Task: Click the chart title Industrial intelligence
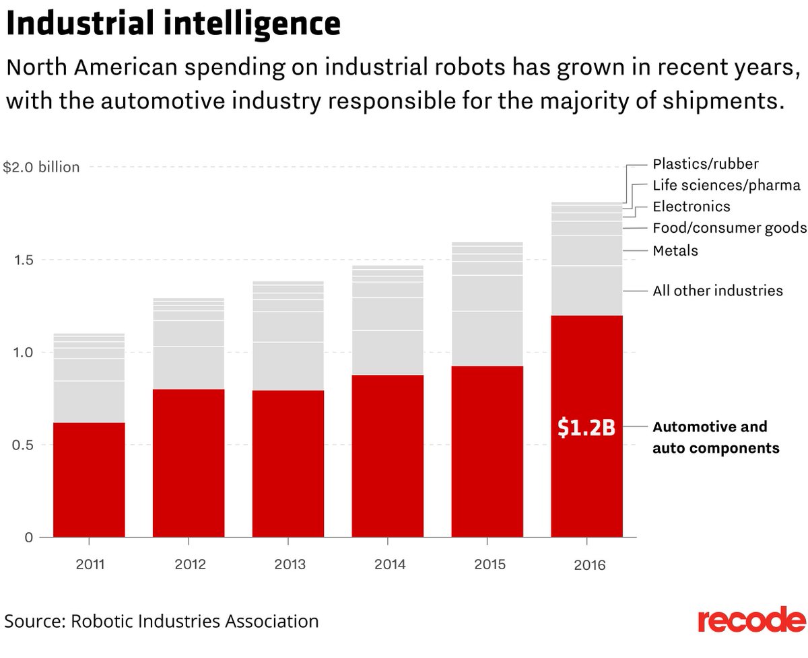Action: coord(173,24)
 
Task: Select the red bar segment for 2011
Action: coord(89,480)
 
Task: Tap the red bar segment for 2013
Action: coord(288,464)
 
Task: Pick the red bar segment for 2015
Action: coord(487,451)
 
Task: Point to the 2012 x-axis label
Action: coord(190,564)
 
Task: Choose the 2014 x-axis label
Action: coord(389,564)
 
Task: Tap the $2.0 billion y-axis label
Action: coord(41,167)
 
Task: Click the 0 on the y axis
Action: coord(28,537)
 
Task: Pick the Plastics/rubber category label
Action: coord(706,163)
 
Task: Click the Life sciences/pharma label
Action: coord(727,185)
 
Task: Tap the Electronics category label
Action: coord(692,207)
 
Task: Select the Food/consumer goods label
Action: coord(729,228)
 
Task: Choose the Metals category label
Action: coord(675,251)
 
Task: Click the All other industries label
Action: coord(718,291)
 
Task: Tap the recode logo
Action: coord(751,620)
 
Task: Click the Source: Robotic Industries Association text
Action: coord(162,620)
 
